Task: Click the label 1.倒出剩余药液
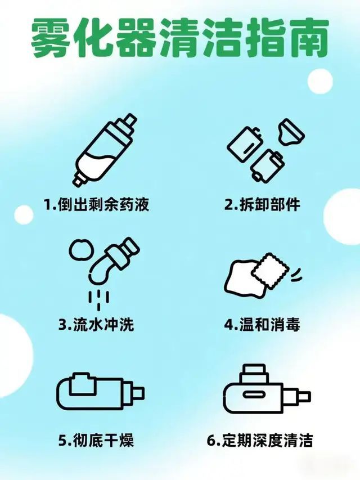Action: tap(97, 204)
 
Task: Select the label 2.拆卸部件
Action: tap(262, 204)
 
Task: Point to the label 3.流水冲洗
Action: tap(96, 325)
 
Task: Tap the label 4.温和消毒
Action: tap(262, 325)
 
